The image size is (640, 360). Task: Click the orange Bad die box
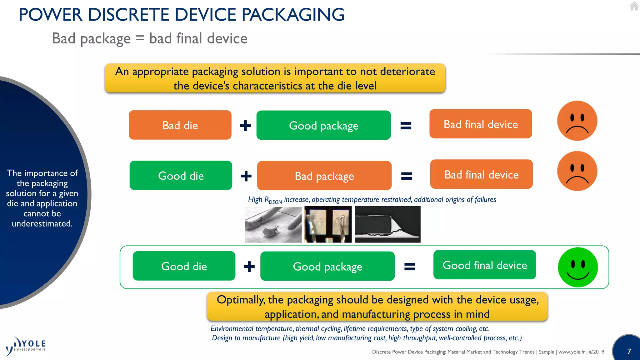[180, 125]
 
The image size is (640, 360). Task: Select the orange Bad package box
[324, 176]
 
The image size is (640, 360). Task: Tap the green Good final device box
[484, 265]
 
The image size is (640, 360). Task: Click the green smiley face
[577, 267]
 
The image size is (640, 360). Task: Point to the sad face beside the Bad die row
[577, 121]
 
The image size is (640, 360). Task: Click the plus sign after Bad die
[245, 126]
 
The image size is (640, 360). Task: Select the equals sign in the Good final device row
[410, 267]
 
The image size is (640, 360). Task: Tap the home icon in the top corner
[634, 6]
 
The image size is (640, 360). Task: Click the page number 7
[629, 352]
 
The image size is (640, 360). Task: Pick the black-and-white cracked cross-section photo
[387, 224]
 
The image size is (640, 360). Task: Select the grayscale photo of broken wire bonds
[273, 224]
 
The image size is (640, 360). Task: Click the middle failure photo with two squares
[328, 224]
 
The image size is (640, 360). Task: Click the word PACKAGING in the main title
[293, 15]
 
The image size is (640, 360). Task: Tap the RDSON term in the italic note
[273, 200]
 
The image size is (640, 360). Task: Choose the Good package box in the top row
[323, 125]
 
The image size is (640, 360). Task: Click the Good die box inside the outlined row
[184, 266]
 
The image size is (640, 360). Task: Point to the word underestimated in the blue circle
[42, 224]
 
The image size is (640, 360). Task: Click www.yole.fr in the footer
[571, 352]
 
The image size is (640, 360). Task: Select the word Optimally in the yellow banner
[241, 300]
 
